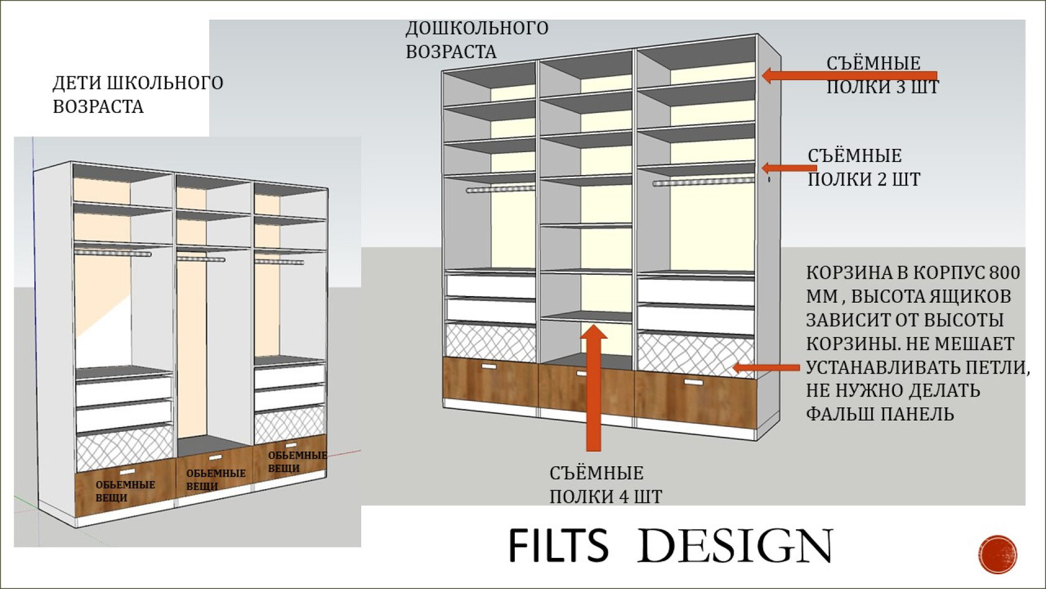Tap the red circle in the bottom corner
click(997, 553)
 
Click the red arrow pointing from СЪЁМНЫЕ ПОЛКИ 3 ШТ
click(847, 75)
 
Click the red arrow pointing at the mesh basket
click(766, 368)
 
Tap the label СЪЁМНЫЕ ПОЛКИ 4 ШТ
click(605, 484)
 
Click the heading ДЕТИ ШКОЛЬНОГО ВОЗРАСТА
click(138, 94)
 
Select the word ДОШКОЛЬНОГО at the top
click(477, 28)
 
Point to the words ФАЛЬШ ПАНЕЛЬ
click(880, 414)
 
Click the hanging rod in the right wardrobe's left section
click(500, 188)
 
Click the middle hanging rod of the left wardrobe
click(200, 258)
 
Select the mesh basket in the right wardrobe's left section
click(491, 342)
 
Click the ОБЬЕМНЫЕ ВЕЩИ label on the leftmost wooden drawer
click(125, 491)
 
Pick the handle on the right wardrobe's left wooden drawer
click(489, 367)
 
